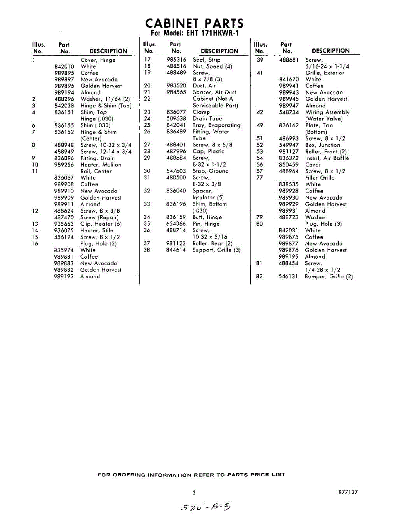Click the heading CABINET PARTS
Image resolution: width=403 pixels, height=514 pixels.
(194, 23)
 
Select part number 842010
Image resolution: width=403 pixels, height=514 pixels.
(64, 66)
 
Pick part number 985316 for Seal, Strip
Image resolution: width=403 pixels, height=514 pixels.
(176, 60)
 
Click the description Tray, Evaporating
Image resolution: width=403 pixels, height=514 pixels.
(216, 125)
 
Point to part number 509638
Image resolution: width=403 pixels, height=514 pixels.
(176, 119)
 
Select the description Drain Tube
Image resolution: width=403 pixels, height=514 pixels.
(207, 119)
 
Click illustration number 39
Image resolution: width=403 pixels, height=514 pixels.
(260, 60)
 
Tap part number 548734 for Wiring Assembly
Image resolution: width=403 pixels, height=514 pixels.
(288, 112)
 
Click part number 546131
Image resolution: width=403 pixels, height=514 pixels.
(288, 276)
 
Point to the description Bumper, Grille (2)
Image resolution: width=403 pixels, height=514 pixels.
(328, 276)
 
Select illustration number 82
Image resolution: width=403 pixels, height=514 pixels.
(259, 276)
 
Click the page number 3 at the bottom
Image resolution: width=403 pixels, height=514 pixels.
(194, 493)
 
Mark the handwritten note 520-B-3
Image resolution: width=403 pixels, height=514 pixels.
(205, 507)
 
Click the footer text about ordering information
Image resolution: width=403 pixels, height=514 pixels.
(191, 475)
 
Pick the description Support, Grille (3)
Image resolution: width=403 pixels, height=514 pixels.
(216, 250)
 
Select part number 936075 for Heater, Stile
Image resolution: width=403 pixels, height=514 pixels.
(64, 230)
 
